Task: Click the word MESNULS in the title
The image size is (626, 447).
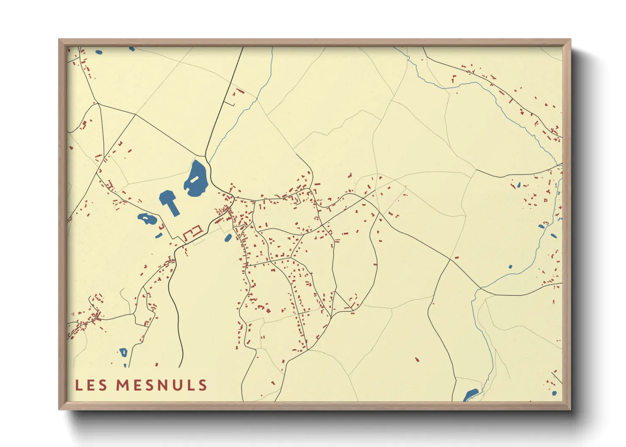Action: pyautogui.click(x=162, y=385)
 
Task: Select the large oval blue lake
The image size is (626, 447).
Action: pyautogui.click(x=195, y=179)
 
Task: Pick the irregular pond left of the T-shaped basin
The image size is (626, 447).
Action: pyautogui.click(x=146, y=219)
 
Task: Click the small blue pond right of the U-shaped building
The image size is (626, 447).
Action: pyautogui.click(x=228, y=238)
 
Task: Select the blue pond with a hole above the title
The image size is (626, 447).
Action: pyautogui.click(x=123, y=352)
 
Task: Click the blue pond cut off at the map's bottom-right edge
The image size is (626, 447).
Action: pyautogui.click(x=470, y=395)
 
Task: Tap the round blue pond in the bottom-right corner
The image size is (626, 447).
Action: pyautogui.click(x=555, y=393)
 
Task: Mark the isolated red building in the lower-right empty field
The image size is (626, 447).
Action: pyautogui.click(x=417, y=360)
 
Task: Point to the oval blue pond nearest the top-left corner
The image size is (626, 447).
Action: pyautogui.click(x=99, y=52)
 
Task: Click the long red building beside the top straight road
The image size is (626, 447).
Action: pyautogui.click(x=240, y=91)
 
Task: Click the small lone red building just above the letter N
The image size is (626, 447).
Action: pyautogui.click(x=156, y=364)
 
